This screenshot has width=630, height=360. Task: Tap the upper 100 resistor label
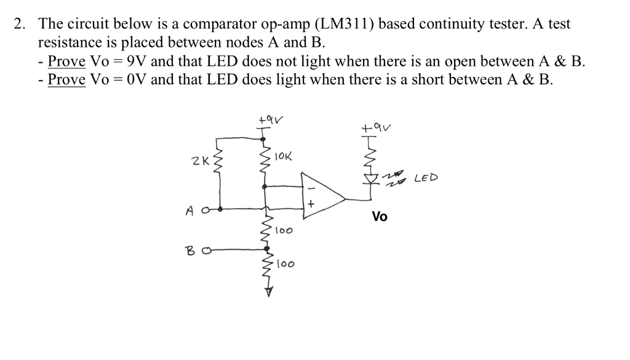tap(284, 231)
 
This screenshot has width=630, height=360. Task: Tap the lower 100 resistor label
tap(285, 265)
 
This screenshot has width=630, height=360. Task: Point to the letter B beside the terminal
tap(191, 250)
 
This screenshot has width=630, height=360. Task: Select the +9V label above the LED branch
tap(378, 129)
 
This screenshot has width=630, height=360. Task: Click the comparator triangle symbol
tap(322, 196)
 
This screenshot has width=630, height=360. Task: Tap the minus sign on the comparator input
tap(311, 188)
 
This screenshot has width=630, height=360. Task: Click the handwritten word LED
tap(426, 178)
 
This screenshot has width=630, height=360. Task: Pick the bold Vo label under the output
tap(380, 217)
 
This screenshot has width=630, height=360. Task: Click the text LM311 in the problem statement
tap(346, 24)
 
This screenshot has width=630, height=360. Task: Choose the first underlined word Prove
tap(66, 61)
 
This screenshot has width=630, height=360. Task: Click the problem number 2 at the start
tap(20, 24)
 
